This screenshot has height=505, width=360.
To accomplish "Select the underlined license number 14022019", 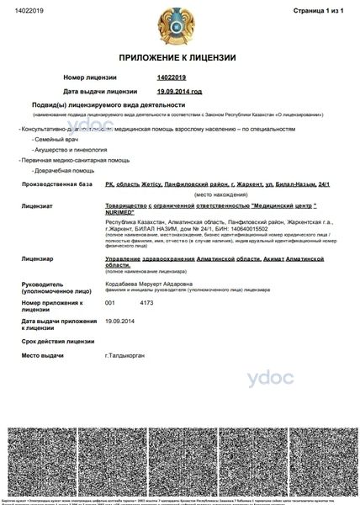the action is click(x=172, y=77).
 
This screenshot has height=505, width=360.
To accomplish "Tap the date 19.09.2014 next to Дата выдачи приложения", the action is click(x=120, y=321).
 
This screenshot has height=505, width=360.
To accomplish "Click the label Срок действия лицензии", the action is click(x=56, y=341).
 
